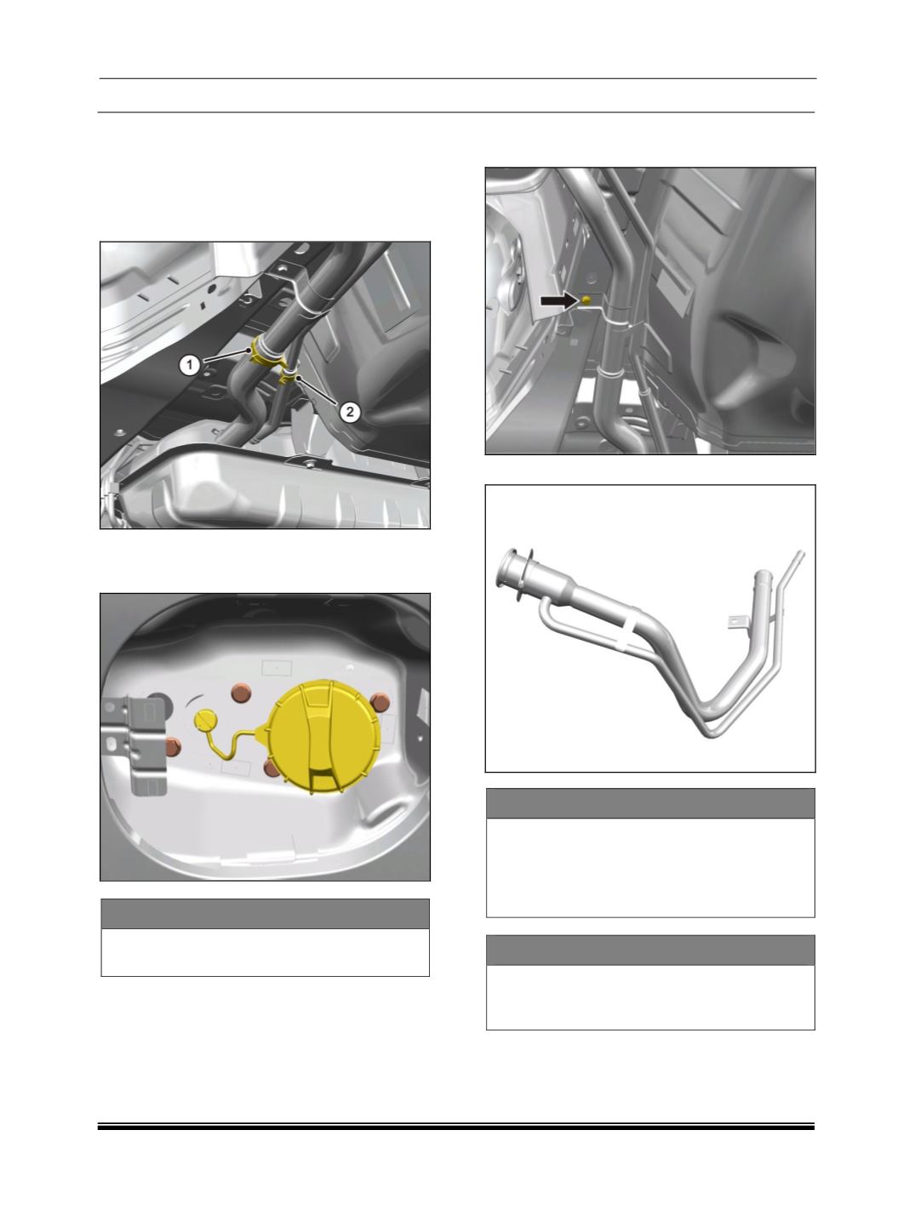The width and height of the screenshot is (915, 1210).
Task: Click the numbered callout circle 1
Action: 190,365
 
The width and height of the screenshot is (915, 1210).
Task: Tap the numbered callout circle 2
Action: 350,412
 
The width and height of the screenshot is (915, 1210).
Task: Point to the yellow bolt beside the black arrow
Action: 586,300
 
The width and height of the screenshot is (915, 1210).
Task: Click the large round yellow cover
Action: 323,737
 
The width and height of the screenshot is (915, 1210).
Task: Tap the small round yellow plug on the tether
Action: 205,719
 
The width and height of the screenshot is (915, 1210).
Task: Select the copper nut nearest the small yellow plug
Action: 241,693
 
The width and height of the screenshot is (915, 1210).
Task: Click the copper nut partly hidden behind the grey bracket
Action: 173,746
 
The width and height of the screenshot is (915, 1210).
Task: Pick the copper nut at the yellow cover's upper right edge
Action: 380,702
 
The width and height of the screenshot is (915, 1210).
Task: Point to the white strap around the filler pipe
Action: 626,626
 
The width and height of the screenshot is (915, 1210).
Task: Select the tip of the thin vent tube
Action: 801,552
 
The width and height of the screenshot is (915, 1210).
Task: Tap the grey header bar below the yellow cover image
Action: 265,913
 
